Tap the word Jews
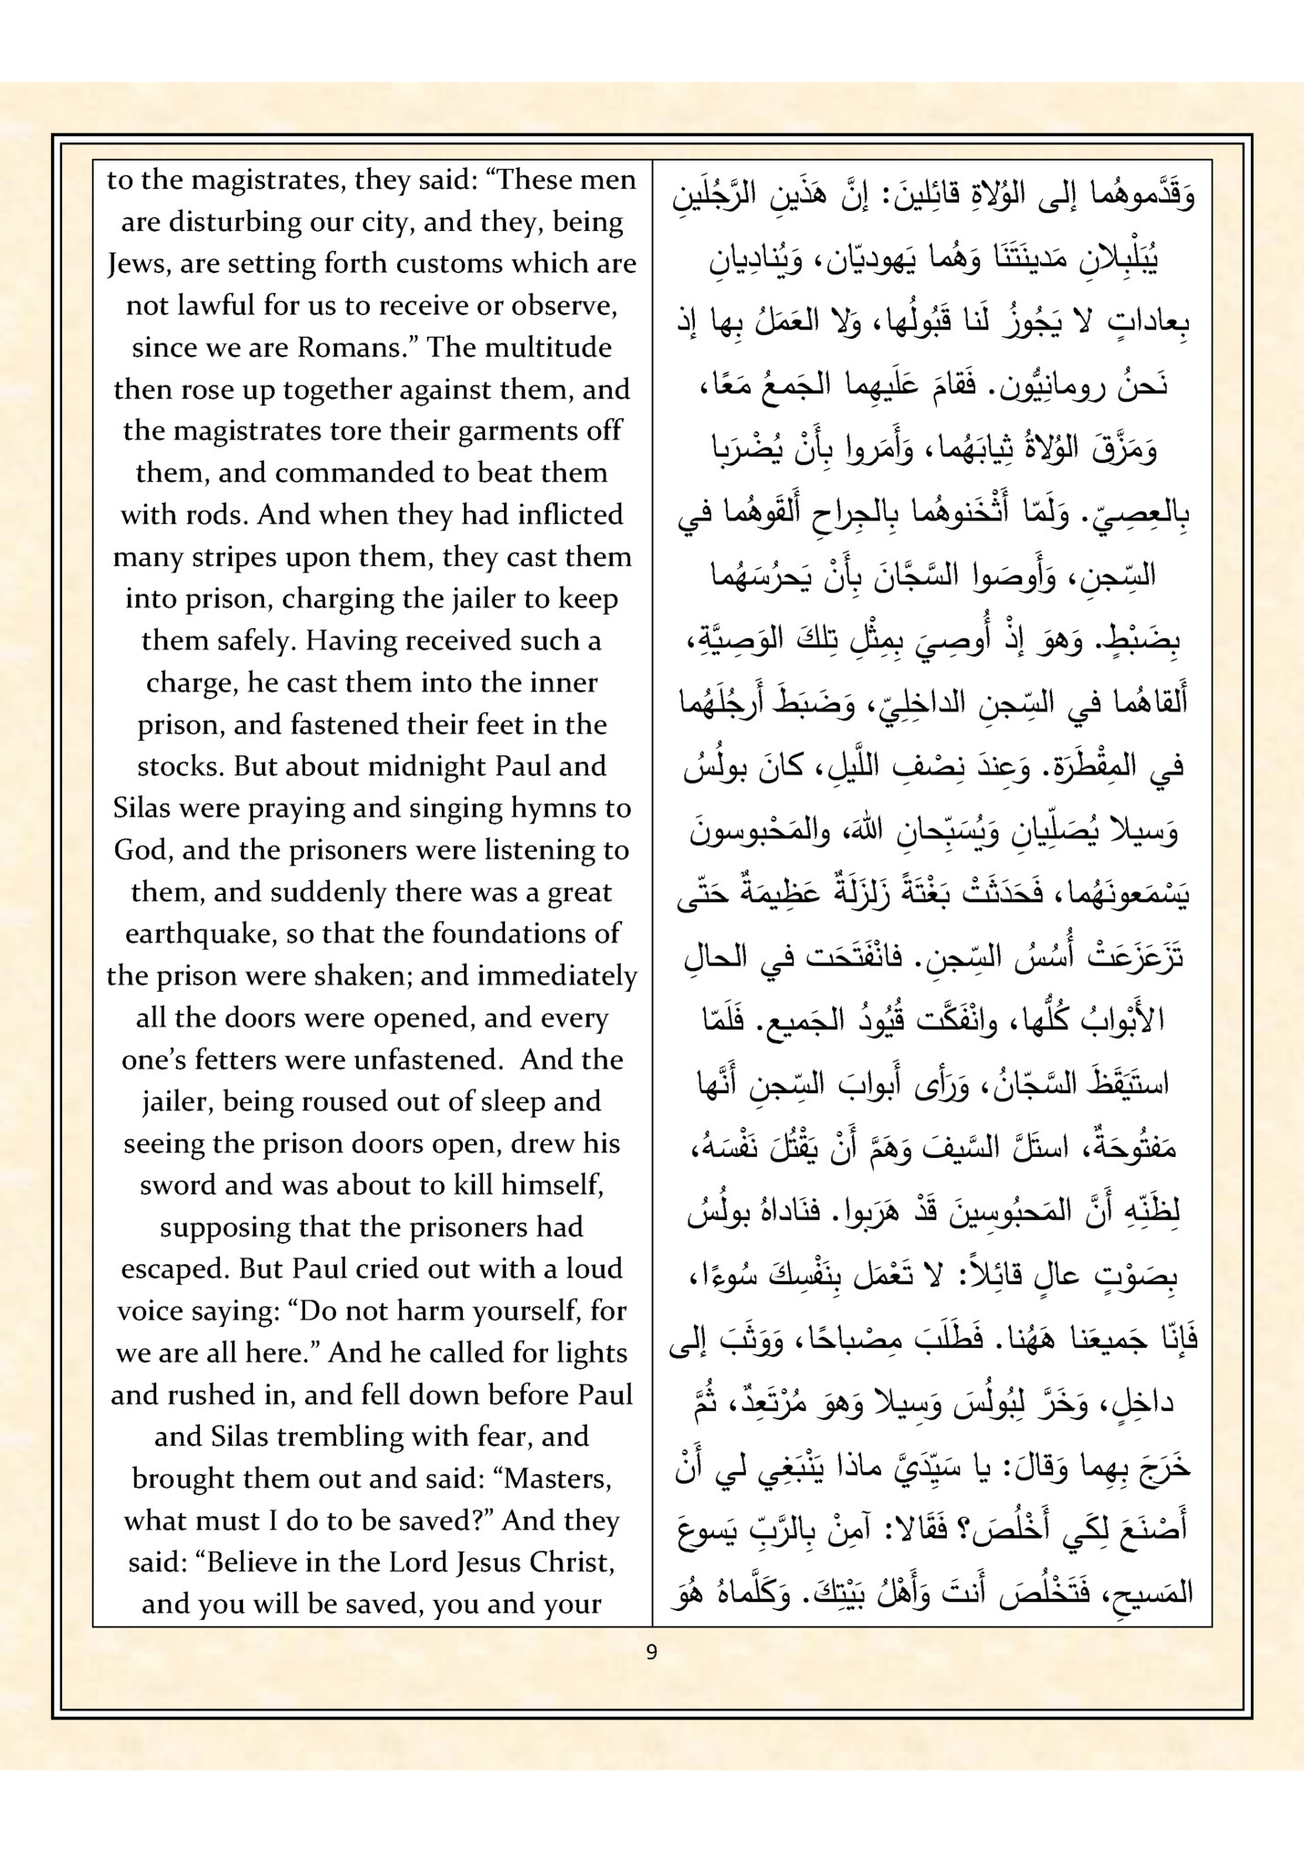pos(139,264)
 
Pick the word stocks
pos(179,766)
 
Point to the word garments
pos(511,432)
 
